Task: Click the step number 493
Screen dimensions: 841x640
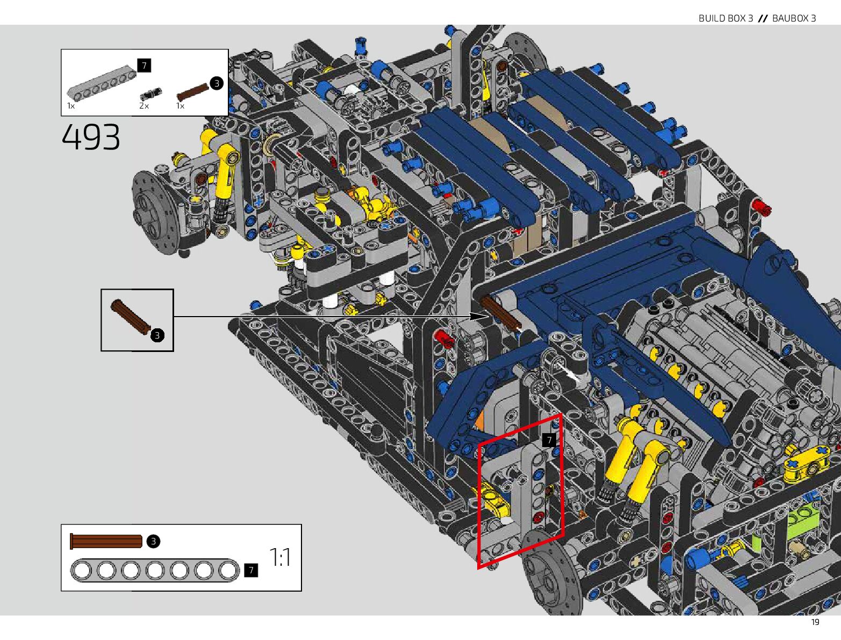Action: tap(91, 136)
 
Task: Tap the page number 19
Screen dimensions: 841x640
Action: tap(815, 622)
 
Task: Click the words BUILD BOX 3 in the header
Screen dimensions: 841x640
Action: tap(725, 18)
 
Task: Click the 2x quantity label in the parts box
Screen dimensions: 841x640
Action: tap(144, 106)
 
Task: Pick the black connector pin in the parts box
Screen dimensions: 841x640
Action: tap(151, 94)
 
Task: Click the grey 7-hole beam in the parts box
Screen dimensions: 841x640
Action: tap(102, 81)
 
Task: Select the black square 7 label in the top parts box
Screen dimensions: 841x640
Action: tap(144, 66)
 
